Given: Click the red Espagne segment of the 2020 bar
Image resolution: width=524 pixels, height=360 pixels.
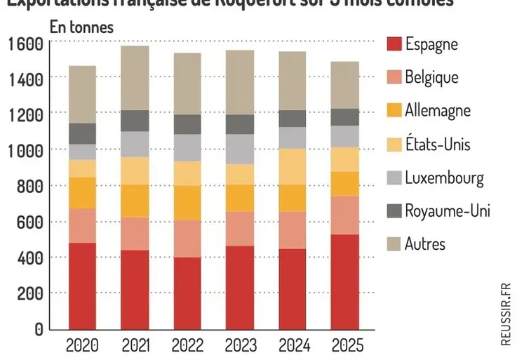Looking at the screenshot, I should [x=82, y=286].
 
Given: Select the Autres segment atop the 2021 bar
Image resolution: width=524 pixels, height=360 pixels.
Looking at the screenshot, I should [x=134, y=78].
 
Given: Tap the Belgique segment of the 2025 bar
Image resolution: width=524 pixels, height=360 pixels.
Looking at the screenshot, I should [x=345, y=215].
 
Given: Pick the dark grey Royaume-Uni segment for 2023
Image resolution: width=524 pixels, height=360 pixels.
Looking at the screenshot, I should [x=239, y=124].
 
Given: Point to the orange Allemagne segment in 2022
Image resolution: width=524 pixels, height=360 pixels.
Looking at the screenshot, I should [x=187, y=203].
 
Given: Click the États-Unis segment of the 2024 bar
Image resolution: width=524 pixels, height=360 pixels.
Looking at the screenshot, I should [x=292, y=166].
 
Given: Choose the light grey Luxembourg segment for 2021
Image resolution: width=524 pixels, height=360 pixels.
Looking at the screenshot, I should [x=134, y=144].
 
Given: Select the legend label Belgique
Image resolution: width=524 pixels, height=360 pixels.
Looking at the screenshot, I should [x=431, y=76].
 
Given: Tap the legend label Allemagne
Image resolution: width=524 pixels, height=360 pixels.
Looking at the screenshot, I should [x=438, y=110].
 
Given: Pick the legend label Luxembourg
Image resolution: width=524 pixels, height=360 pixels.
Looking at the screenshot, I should [x=444, y=178].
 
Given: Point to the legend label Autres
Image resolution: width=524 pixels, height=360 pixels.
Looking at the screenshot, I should [x=425, y=244].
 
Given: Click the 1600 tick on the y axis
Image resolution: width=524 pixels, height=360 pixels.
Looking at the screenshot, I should [x=26, y=44].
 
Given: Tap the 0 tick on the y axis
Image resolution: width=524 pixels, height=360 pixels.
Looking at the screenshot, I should [x=39, y=329].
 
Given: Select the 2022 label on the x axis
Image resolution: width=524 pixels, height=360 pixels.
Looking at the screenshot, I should [x=187, y=345].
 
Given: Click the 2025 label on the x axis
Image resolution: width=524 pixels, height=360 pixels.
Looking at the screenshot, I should [x=345, y=345].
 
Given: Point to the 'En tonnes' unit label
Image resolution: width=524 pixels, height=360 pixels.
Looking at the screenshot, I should [x=81, y=27].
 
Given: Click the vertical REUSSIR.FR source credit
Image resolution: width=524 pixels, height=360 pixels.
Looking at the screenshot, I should [x=506, y=314].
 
